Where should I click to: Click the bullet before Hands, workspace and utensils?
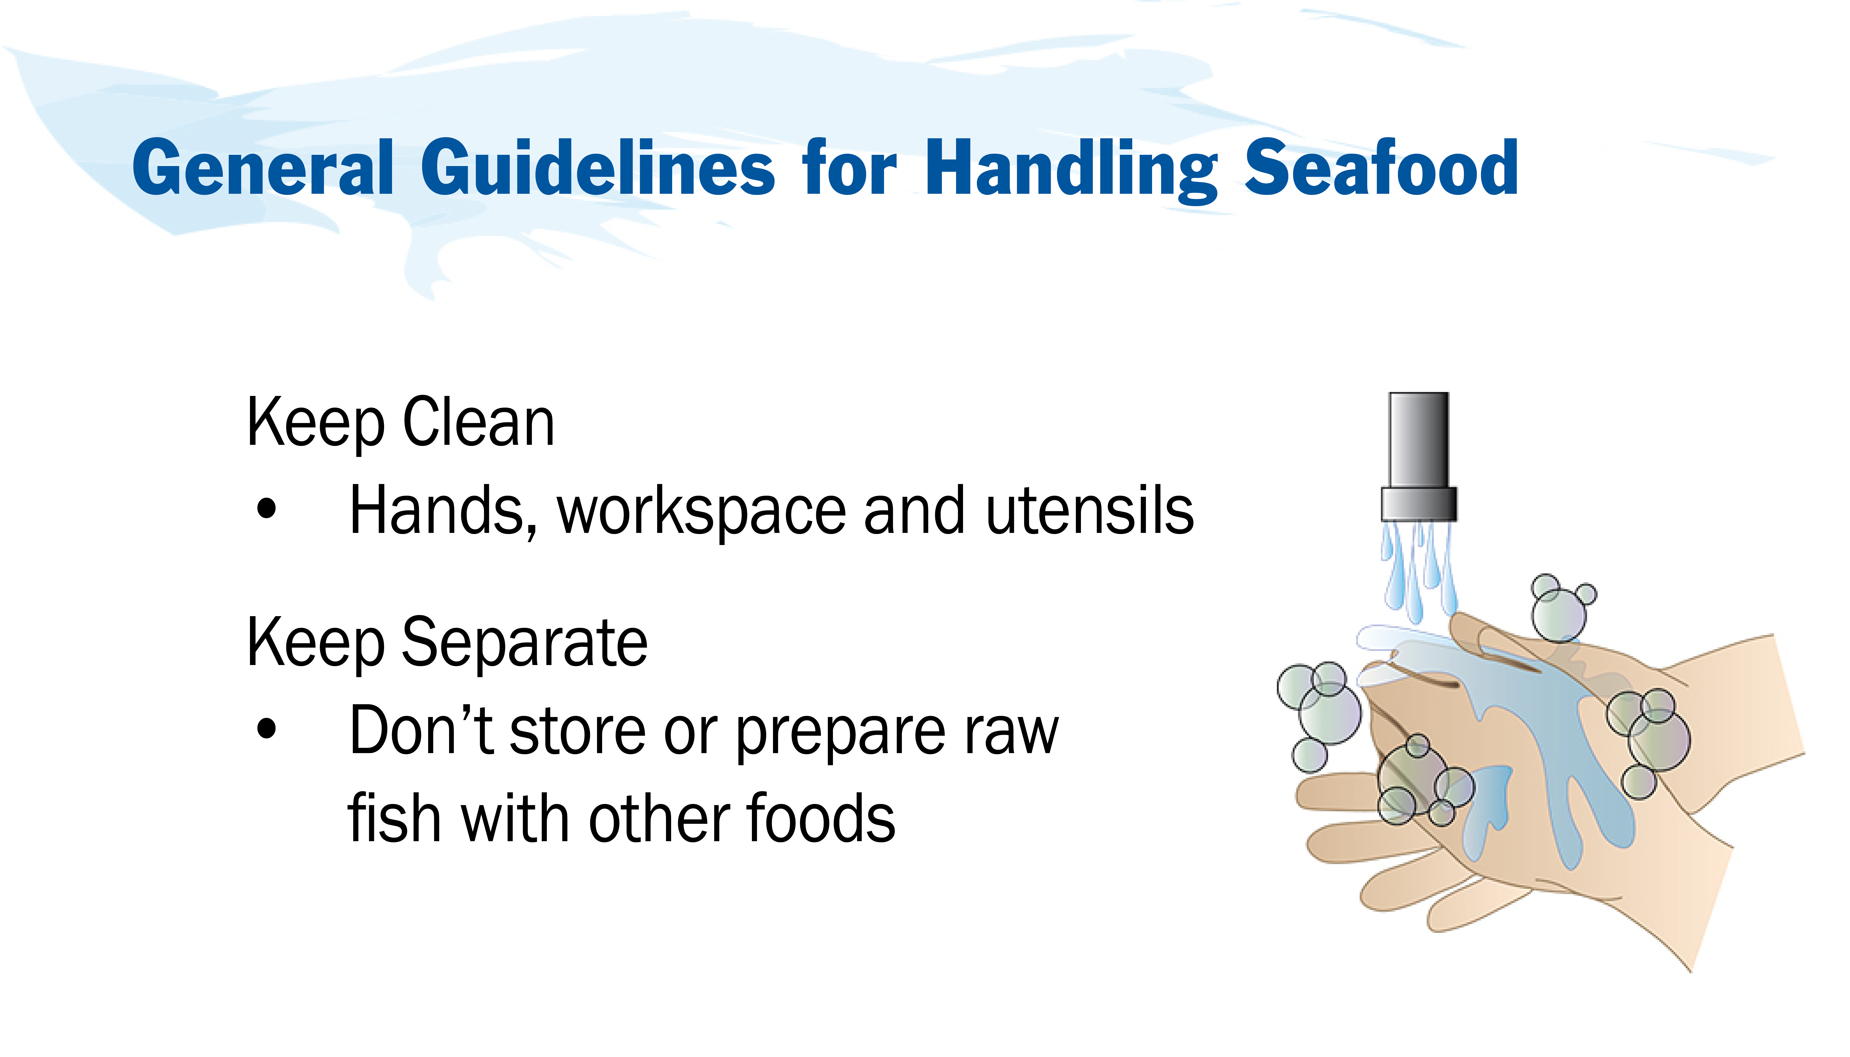[266, 509]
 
